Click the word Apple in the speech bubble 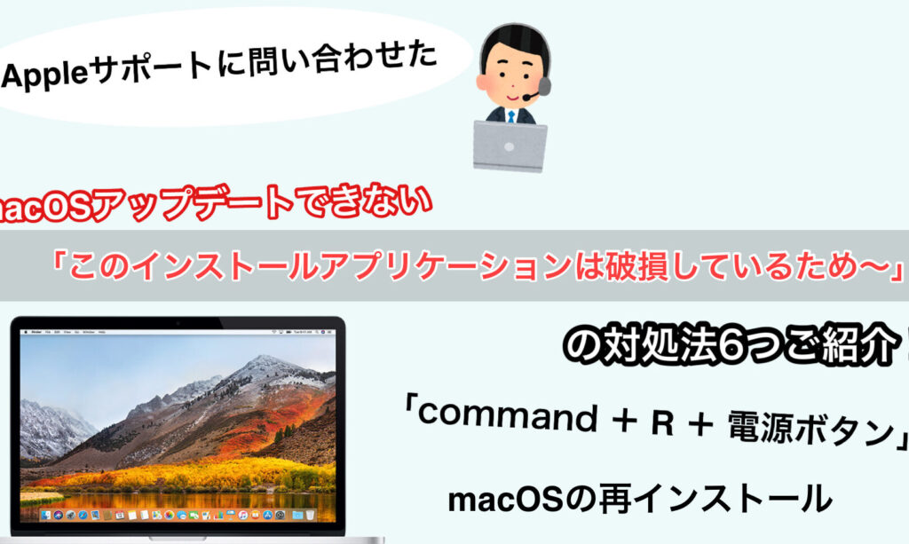coord(44,75)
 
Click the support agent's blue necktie coord(511,116)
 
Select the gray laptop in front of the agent coord(510,146)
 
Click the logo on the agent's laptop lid coord(509,147)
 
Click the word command coord(507,414)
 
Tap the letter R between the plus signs coord(662,423)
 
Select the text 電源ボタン coord(811,429)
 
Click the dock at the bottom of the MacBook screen coord(178,515)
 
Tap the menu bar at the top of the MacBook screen coord(178,332)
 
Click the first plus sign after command coord(624,421)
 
